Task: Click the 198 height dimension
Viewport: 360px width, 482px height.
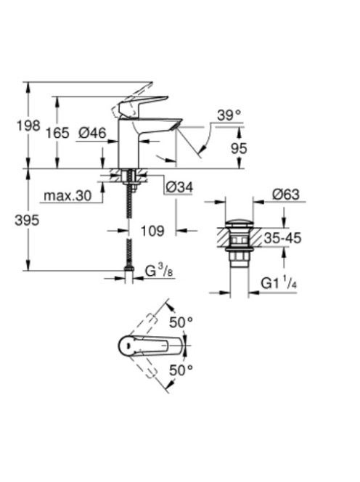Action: [x=28, y=126]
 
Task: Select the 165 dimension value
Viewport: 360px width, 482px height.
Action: [x=57, y=133]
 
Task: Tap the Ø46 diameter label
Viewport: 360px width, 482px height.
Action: [x=92, y=133]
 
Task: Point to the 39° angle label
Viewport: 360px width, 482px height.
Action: [x=229, y=115]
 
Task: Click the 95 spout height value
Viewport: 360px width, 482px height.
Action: [x=239, y=148]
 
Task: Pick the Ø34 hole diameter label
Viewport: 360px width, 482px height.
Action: [x=179, y=187]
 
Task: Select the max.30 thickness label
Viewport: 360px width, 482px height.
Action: [x=67, y=195]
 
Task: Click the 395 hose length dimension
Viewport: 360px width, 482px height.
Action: [x=27, y=220]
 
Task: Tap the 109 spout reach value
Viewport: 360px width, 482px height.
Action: [x=152, y=231]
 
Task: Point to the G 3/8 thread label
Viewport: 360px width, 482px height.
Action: [x=159, y=271]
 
